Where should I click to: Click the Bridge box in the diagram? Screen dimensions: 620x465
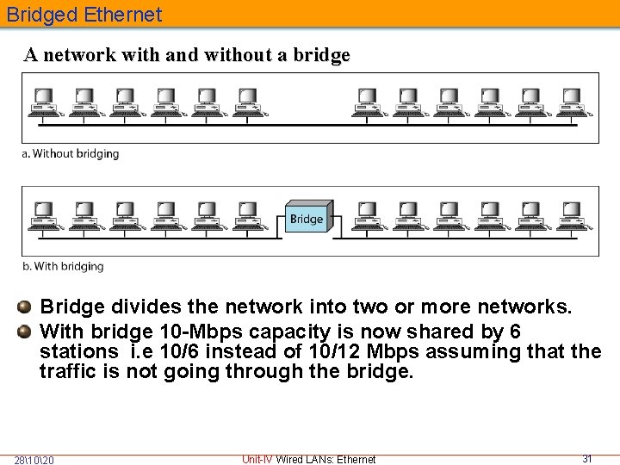click(x=306, y=219)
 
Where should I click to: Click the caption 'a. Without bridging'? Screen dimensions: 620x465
click(x=71, y=154)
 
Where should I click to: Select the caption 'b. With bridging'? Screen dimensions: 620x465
click(x=63, y=266)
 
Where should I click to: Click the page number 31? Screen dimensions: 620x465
click(x=587, y=458)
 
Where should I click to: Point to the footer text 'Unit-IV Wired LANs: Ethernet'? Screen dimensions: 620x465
click(x=309, y=459)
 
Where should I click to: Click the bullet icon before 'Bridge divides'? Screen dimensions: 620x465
click(x=27, y=307)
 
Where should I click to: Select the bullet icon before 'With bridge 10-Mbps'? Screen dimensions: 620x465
click(x=27, y=331)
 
